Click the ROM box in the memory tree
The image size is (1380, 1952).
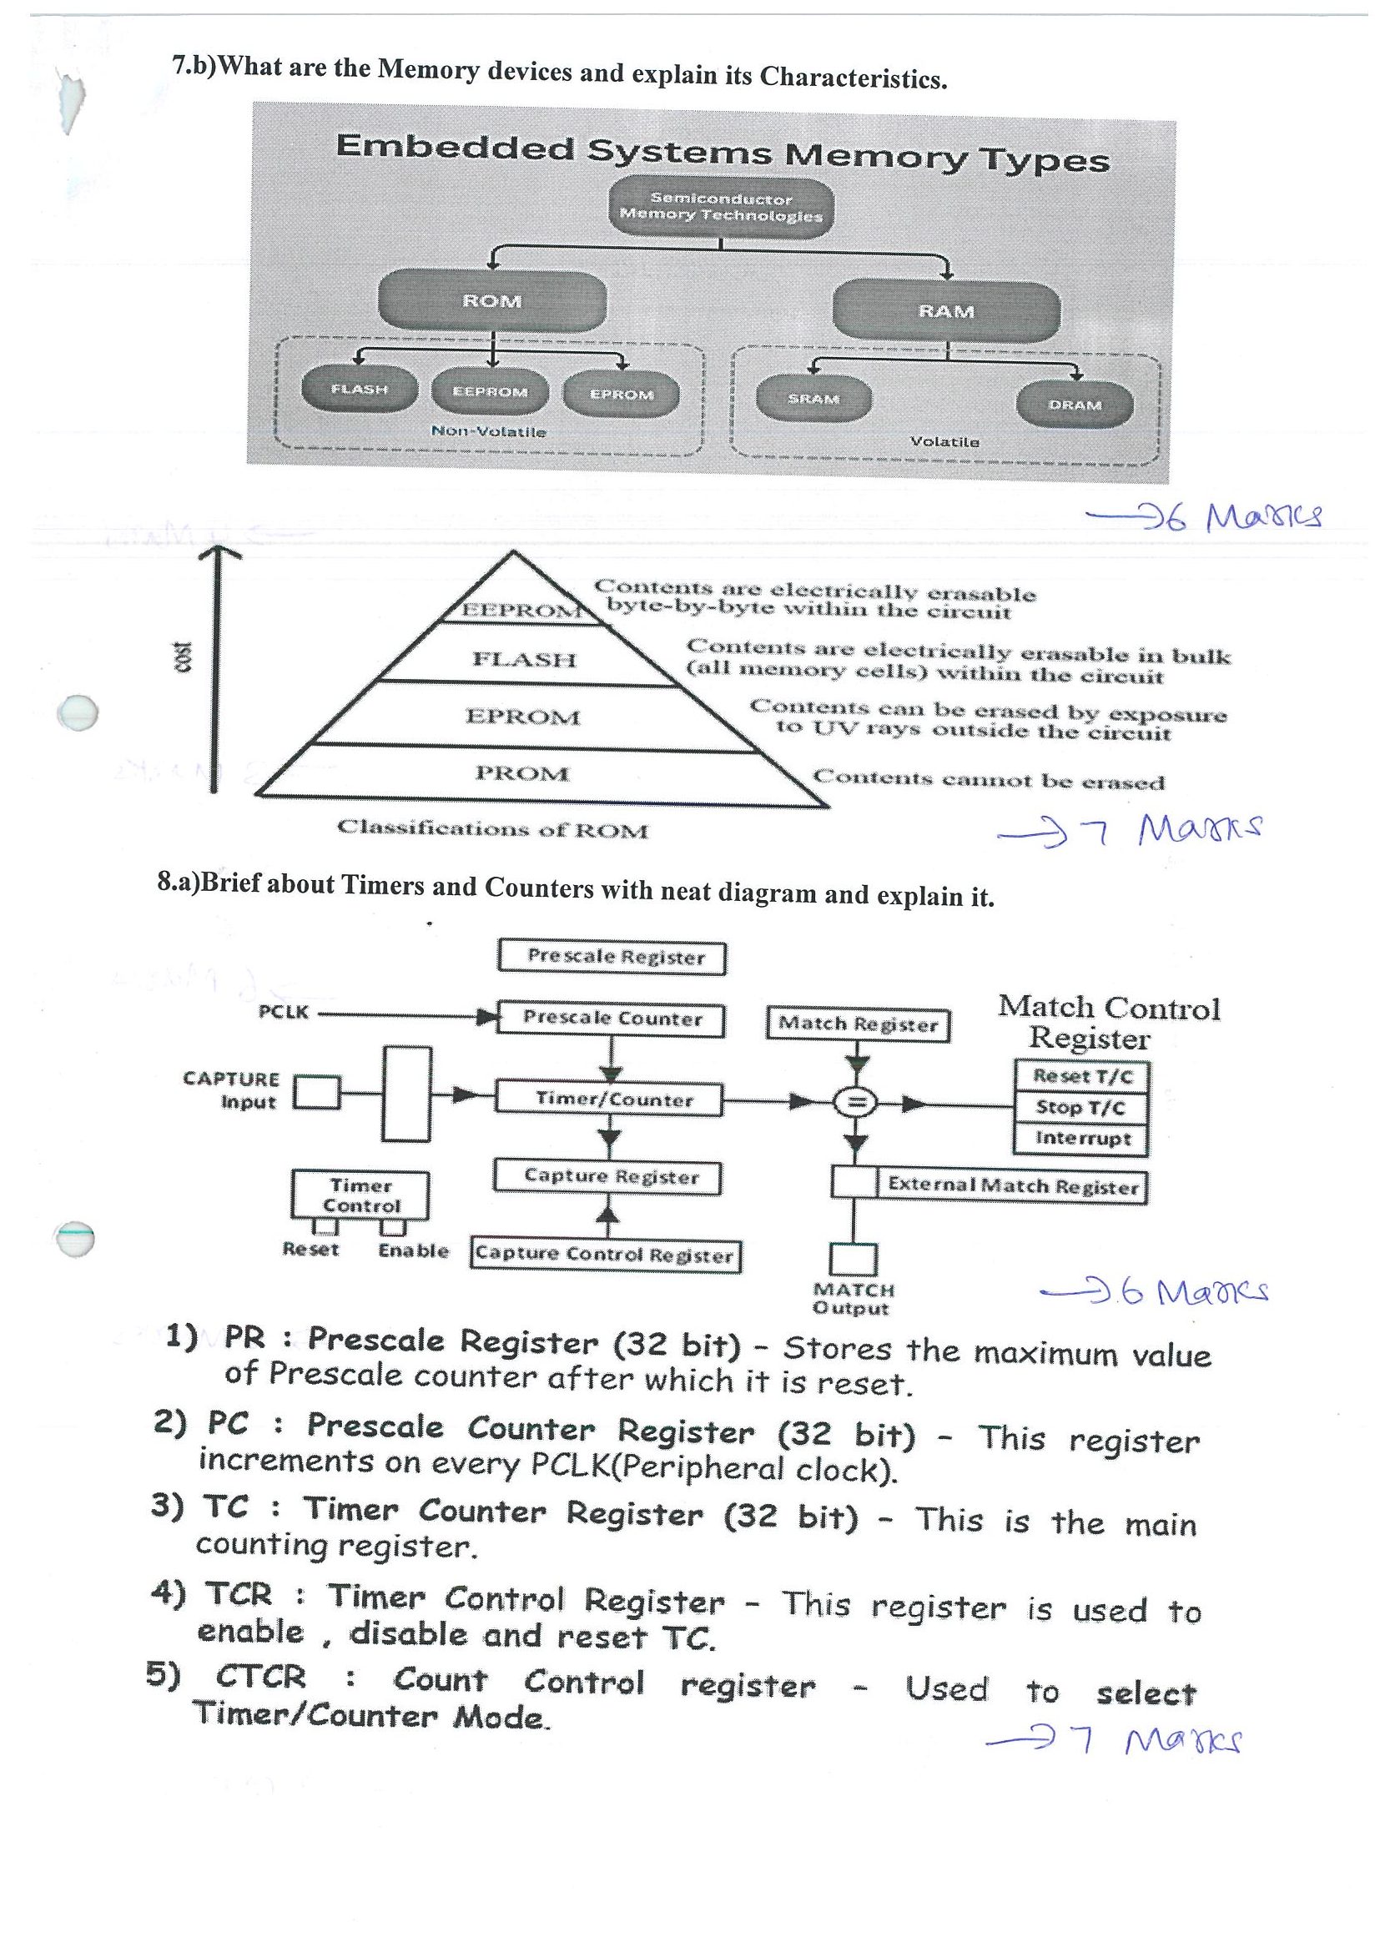(x=492, y=301)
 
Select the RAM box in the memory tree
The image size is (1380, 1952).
(x=946, y=311)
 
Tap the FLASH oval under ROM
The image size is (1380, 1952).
(x=360, y=390)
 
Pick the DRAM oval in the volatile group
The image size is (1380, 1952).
(x=1075, y=405)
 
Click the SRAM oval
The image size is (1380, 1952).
(x=813, y=399)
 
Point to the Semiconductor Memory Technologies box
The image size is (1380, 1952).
(x=721, y=208)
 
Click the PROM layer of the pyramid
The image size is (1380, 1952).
(x=522, y=773)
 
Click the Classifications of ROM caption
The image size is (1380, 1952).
(x=492, y=829)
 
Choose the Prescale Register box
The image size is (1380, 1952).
(x=612, y=958)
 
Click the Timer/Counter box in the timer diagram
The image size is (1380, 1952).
(x=609, y=1099)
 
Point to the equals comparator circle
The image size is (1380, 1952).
(x=858, y=1104)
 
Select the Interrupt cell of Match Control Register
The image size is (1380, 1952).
(x=1081, y=1140)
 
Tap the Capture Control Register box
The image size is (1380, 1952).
(x=606, y=1255)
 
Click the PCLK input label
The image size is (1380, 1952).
(x=283, y=1013)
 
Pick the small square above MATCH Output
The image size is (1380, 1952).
(x=853, y=1260)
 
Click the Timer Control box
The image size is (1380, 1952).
(x=360, y=1195)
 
